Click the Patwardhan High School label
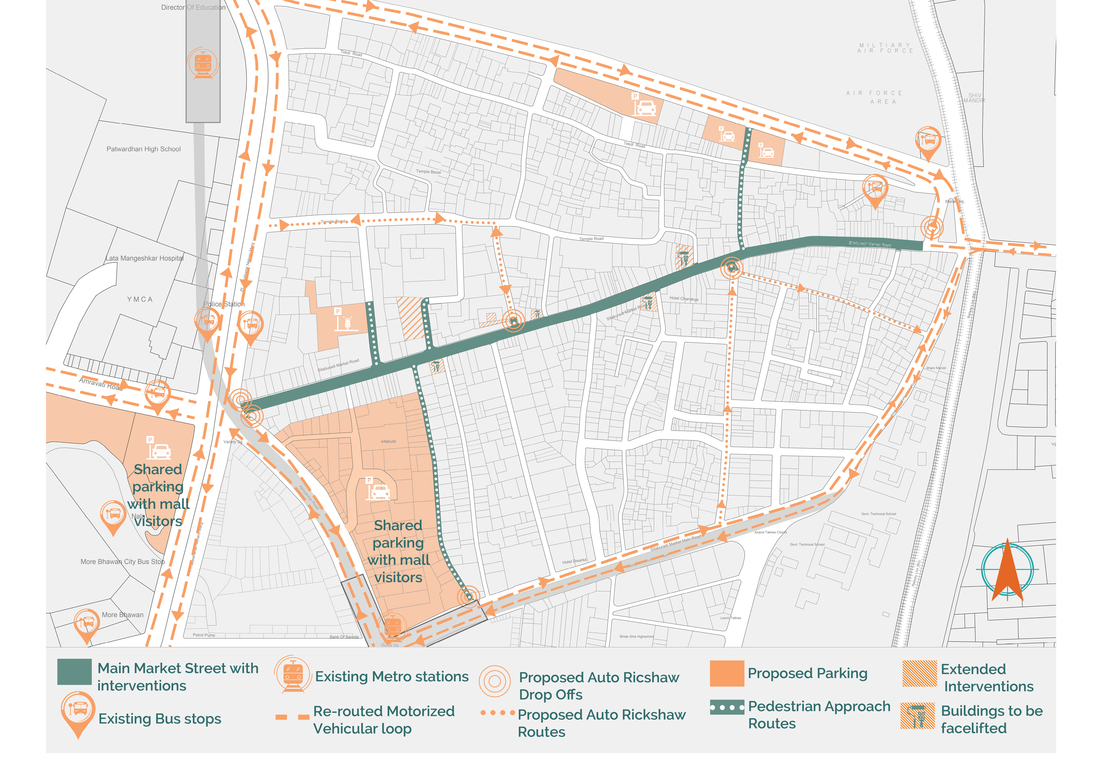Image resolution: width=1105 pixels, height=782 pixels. point(143,149)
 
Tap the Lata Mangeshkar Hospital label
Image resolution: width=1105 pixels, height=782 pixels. point(144,259)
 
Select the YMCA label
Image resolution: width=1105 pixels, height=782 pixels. point(140,300)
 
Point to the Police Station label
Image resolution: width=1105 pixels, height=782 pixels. point(224,304)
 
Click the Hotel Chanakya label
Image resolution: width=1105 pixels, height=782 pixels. point(683,299)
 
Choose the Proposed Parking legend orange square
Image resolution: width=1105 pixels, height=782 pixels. point(727,673)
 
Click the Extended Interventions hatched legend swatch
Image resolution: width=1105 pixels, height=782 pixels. point(919,673)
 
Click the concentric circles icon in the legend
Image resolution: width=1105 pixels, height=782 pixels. point(494,681)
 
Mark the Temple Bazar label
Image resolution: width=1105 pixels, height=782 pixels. point(428,171)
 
